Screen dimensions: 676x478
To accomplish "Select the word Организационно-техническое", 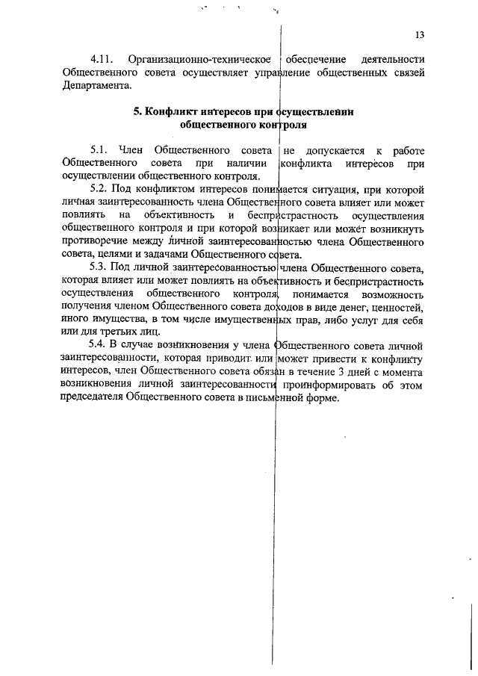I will (x=198, y=60).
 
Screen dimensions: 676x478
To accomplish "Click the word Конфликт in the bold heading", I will (x=170, y=112).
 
